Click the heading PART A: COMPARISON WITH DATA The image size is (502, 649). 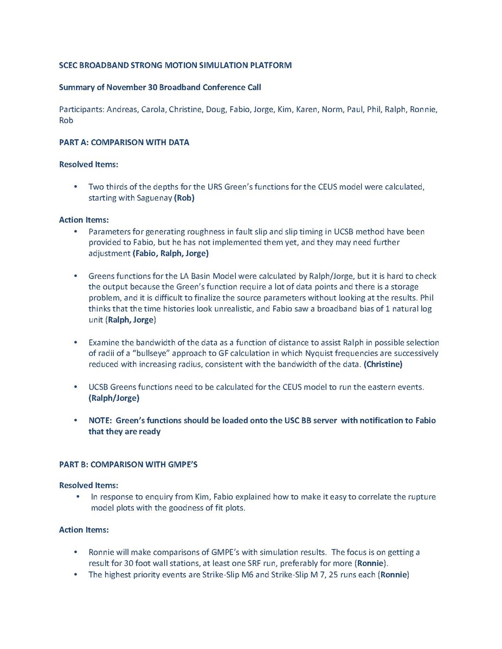coord(124,142)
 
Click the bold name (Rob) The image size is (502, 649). coord(184,198)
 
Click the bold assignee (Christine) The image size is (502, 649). coord(383,364)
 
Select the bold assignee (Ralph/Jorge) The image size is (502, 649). coord(114,398)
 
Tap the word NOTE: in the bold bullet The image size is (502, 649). coord(100,420)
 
